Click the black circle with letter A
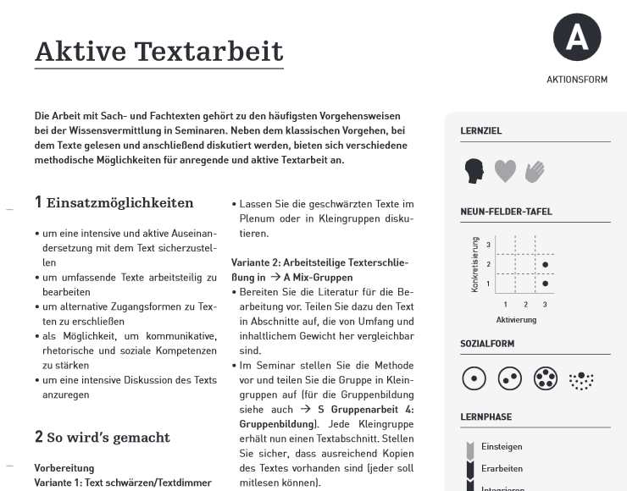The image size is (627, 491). (x=577, y=38)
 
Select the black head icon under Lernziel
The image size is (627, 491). (x=474, y=172)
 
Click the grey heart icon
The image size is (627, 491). (x=505, y=171)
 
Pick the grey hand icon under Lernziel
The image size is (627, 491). (x=535, y=172)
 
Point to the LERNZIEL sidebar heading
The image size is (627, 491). (x=481, y=131)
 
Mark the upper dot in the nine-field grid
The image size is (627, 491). (x=545, y=265)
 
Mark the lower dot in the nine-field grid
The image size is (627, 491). (x=545, y=284)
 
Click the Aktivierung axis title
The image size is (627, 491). (x=516, y=320)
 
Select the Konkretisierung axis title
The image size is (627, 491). (x=475, y=264)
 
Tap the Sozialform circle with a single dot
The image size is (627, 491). (x=474, y=378)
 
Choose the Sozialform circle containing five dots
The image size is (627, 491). (x=545, y=378)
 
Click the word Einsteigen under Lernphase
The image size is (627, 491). (x=502, y=446)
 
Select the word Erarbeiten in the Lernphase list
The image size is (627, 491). (x=502, y=468)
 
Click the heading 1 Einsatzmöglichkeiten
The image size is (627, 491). (x=114, y=203)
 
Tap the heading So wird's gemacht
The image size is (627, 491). (x=108, y=438)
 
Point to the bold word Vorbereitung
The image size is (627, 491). (x=64, y=468)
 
